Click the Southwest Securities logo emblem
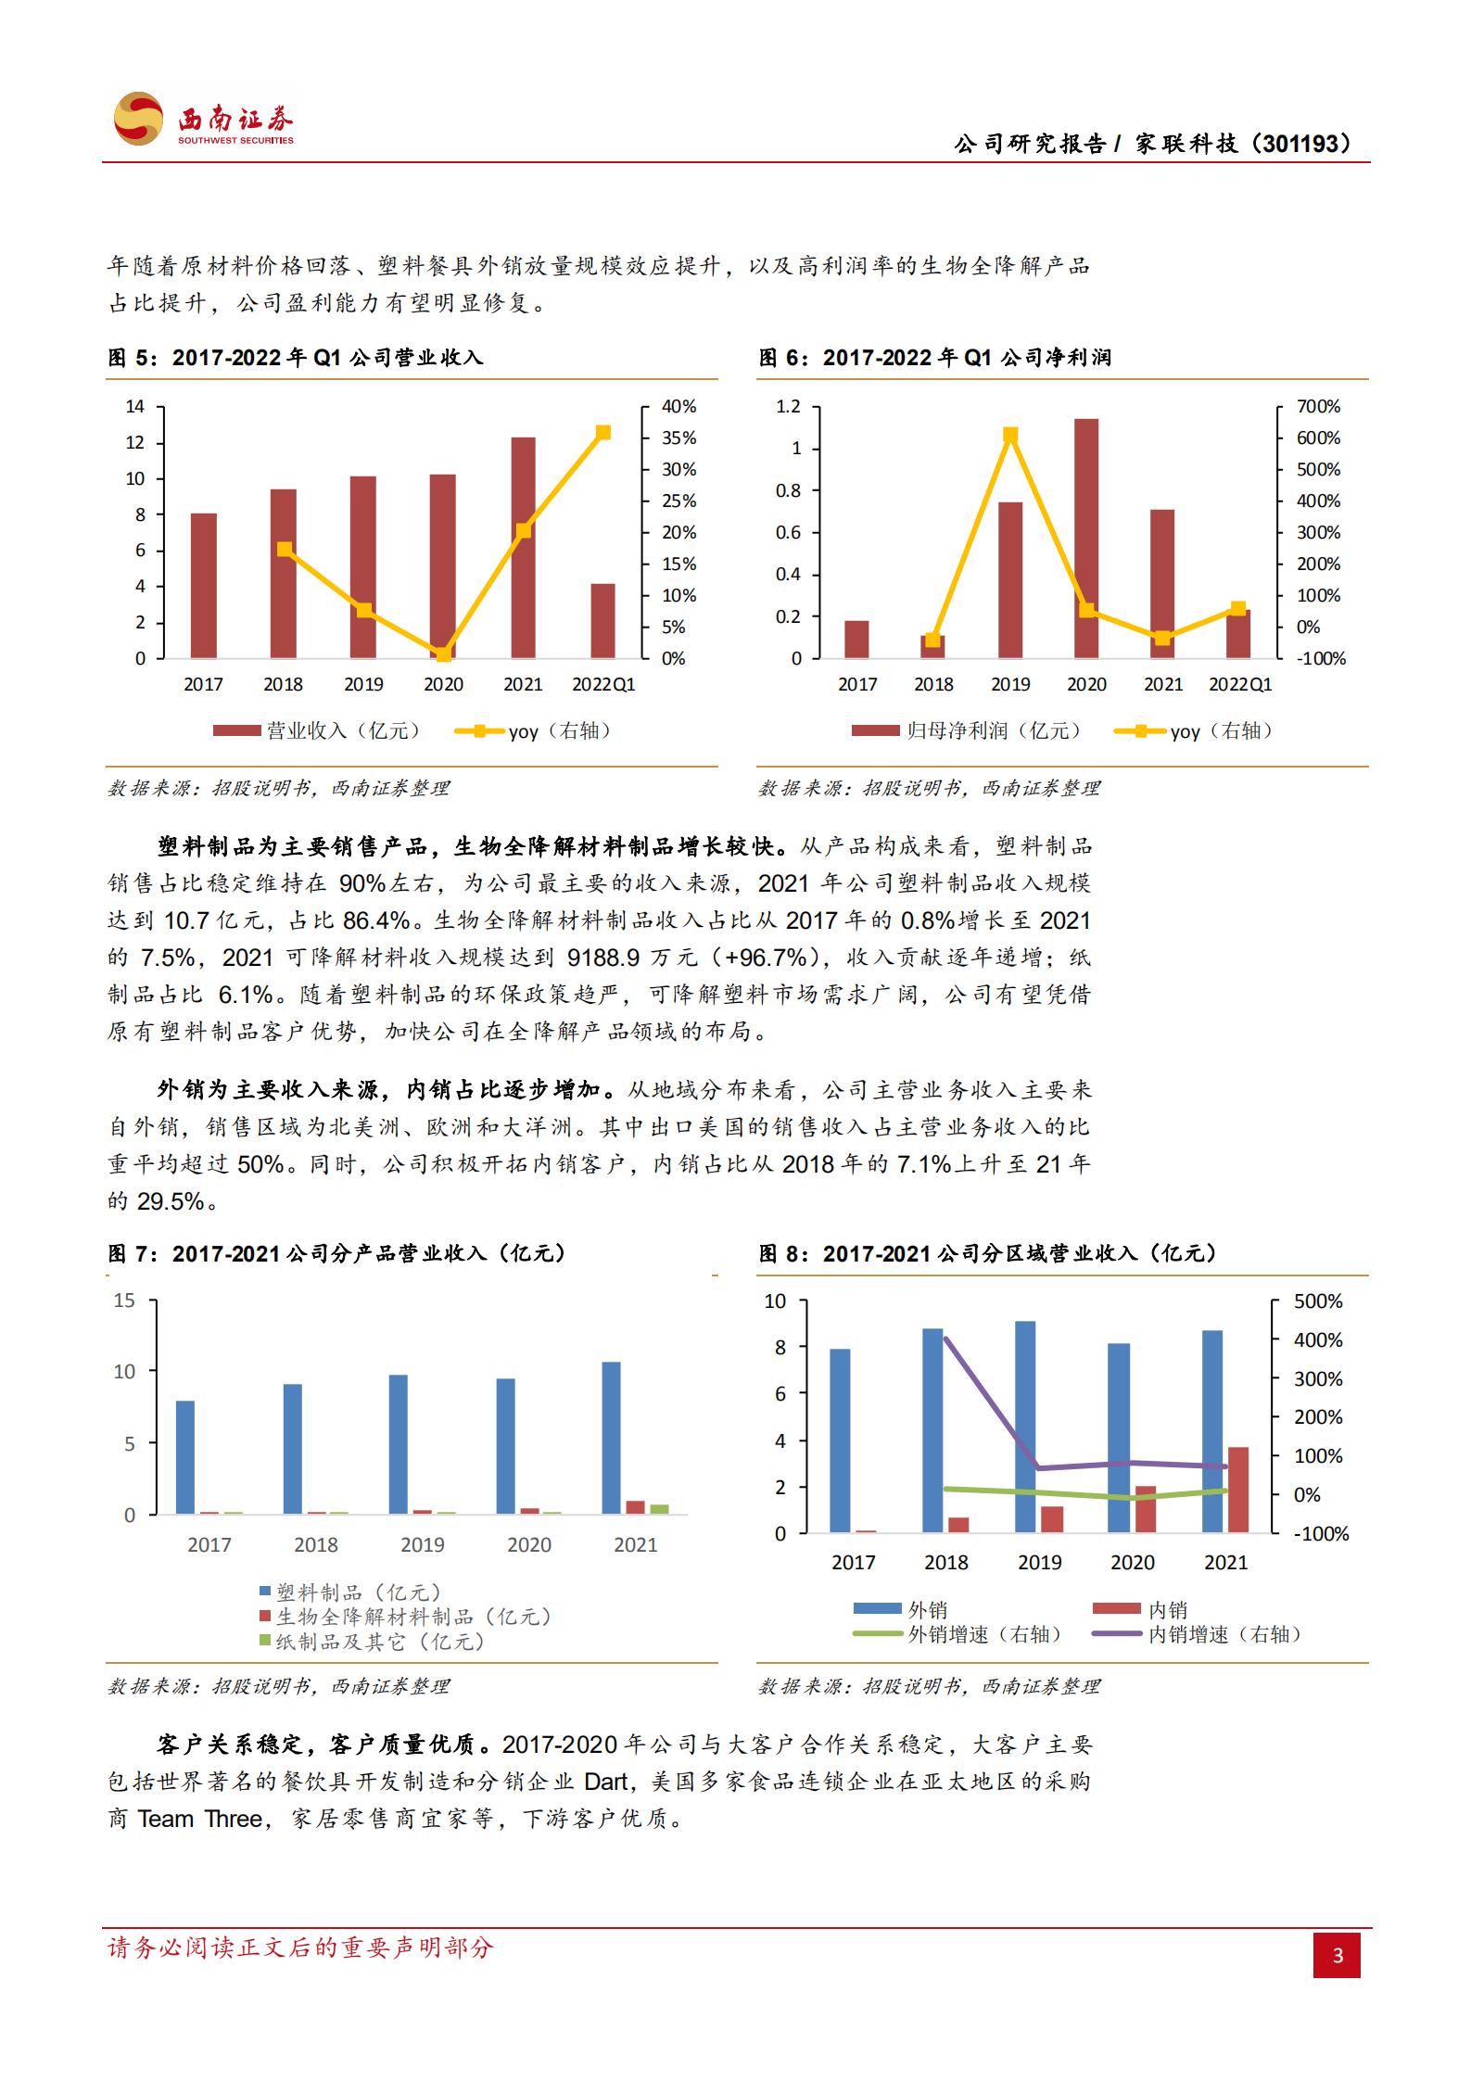coord(138,119)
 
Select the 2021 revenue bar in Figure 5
coord(523,547)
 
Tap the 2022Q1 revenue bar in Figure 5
coord(602,620)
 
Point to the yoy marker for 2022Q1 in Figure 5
coord(603,433)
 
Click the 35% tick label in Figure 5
coord(678,438)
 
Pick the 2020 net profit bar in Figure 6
coord(1086,538)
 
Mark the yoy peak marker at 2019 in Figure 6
coord(1010,435)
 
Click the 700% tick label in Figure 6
coord(1318,407)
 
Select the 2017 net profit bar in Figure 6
coord(856,640)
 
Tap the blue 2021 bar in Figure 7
coord(612,1437)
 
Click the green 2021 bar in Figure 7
coord(659,1509)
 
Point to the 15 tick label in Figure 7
coord(124,1301)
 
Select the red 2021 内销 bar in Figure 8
coord(1237,1489)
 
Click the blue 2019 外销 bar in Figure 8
coord(1025,1426)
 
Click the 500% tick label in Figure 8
coord(1318,1301)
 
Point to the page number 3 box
coord(1337,1955)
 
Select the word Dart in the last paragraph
coord(606,1782)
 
